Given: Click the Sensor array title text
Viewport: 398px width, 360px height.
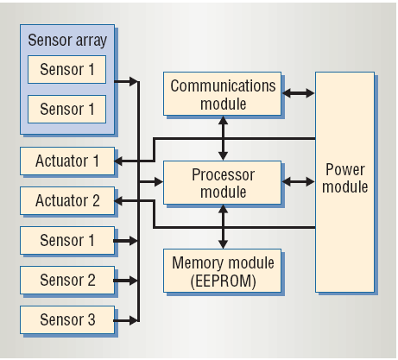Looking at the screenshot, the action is click(x=67, y=41).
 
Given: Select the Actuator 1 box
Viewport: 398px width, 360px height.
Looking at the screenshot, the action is click(x=67, y=161).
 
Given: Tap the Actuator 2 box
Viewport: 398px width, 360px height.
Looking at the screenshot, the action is click(x=67, y=200).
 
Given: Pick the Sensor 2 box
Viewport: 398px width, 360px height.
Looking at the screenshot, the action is click(x=67, y=280).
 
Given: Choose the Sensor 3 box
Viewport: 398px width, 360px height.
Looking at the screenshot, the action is click(x=67, y=319).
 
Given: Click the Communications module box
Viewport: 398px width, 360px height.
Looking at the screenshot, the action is click(x=222, y=93).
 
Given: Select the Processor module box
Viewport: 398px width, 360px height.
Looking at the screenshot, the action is click(x=222, y=182).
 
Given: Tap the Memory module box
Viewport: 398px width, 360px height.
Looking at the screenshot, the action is click(x=222, y=270).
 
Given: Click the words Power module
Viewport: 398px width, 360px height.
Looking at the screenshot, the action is click(x=345, y=178).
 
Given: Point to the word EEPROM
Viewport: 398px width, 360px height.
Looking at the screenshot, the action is click(x=223, y=281).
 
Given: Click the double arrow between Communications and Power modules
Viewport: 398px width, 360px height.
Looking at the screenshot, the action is click(x=298, y=93).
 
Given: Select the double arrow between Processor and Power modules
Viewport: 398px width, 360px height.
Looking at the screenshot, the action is click(x=298, y=182).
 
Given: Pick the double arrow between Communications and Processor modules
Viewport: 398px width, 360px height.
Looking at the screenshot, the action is click(x=223, y=138).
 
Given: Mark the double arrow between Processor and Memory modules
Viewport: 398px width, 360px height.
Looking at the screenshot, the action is click(x=223, y=227).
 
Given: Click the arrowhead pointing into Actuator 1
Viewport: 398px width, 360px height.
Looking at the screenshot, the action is click(x=118, y=161).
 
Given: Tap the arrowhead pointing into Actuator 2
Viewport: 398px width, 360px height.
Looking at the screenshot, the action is click(x=118, y=201).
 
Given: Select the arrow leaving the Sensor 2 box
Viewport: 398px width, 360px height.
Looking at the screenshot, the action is click(x=126, y=281).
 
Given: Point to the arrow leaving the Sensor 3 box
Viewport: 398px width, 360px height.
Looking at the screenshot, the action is click(x=126, y=320).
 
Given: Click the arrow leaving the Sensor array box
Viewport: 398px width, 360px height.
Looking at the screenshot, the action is click(x=126, y=81).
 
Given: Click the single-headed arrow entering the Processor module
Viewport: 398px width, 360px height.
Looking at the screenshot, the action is click(x=151, y=182).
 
